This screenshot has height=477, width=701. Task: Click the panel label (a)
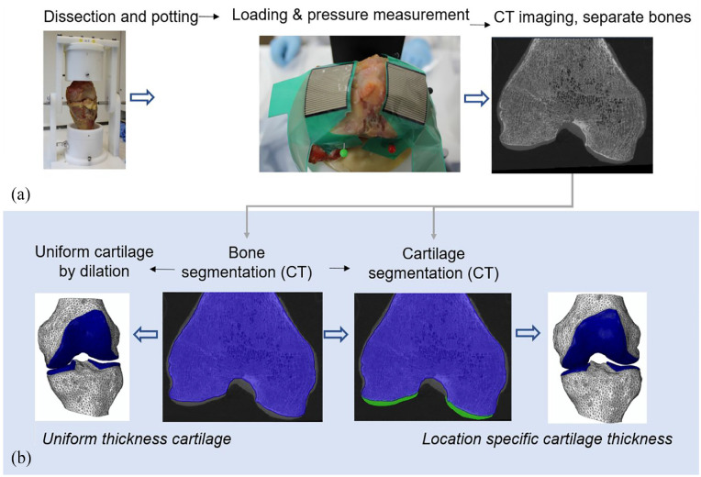17,194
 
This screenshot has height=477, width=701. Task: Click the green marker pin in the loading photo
343,154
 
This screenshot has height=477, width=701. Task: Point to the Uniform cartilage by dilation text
93,259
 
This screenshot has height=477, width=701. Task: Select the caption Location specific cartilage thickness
547,439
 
